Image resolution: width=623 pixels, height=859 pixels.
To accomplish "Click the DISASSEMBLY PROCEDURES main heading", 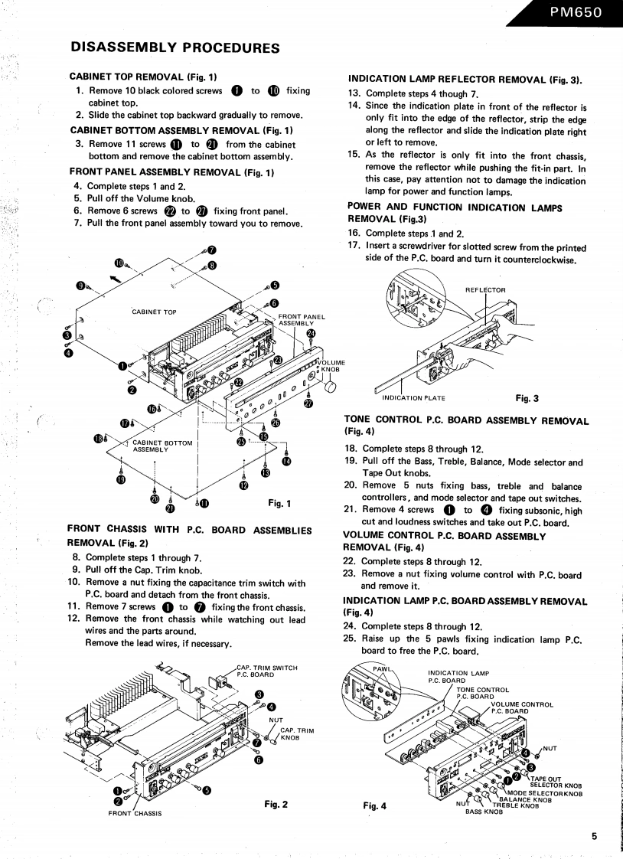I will [x=174, y=47].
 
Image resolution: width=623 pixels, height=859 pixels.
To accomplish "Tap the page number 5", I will [x=594, y=836].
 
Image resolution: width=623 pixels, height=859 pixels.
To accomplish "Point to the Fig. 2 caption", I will [x=276, y=804].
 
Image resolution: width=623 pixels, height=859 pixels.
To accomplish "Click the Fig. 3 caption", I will [x=527, y=398].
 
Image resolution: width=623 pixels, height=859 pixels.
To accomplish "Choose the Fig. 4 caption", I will [x=375, y=805].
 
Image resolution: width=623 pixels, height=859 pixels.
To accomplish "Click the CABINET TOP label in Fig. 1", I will [x=154, y=312].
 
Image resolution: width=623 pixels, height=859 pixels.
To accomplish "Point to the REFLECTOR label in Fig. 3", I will [x=485, y=290].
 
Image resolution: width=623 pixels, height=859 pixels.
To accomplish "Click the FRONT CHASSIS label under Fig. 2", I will [x=135, y=813].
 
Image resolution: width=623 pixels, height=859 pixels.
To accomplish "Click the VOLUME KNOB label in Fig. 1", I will [x=331, y=366].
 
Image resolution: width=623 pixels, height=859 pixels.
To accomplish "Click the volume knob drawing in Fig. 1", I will [x=330, y=388].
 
